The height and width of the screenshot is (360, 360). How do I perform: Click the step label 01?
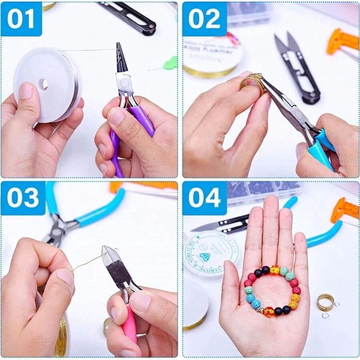coord(21,19)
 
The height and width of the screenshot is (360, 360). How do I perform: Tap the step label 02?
coord(204,19)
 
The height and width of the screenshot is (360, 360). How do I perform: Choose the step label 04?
coord(204,198)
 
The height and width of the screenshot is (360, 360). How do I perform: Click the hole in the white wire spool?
coord(44,84)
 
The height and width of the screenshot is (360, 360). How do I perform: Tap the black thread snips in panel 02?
coord(297,67)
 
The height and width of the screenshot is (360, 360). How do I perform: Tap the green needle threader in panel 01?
coord(170,63)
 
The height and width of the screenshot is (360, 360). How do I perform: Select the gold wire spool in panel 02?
coord(211,58)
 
